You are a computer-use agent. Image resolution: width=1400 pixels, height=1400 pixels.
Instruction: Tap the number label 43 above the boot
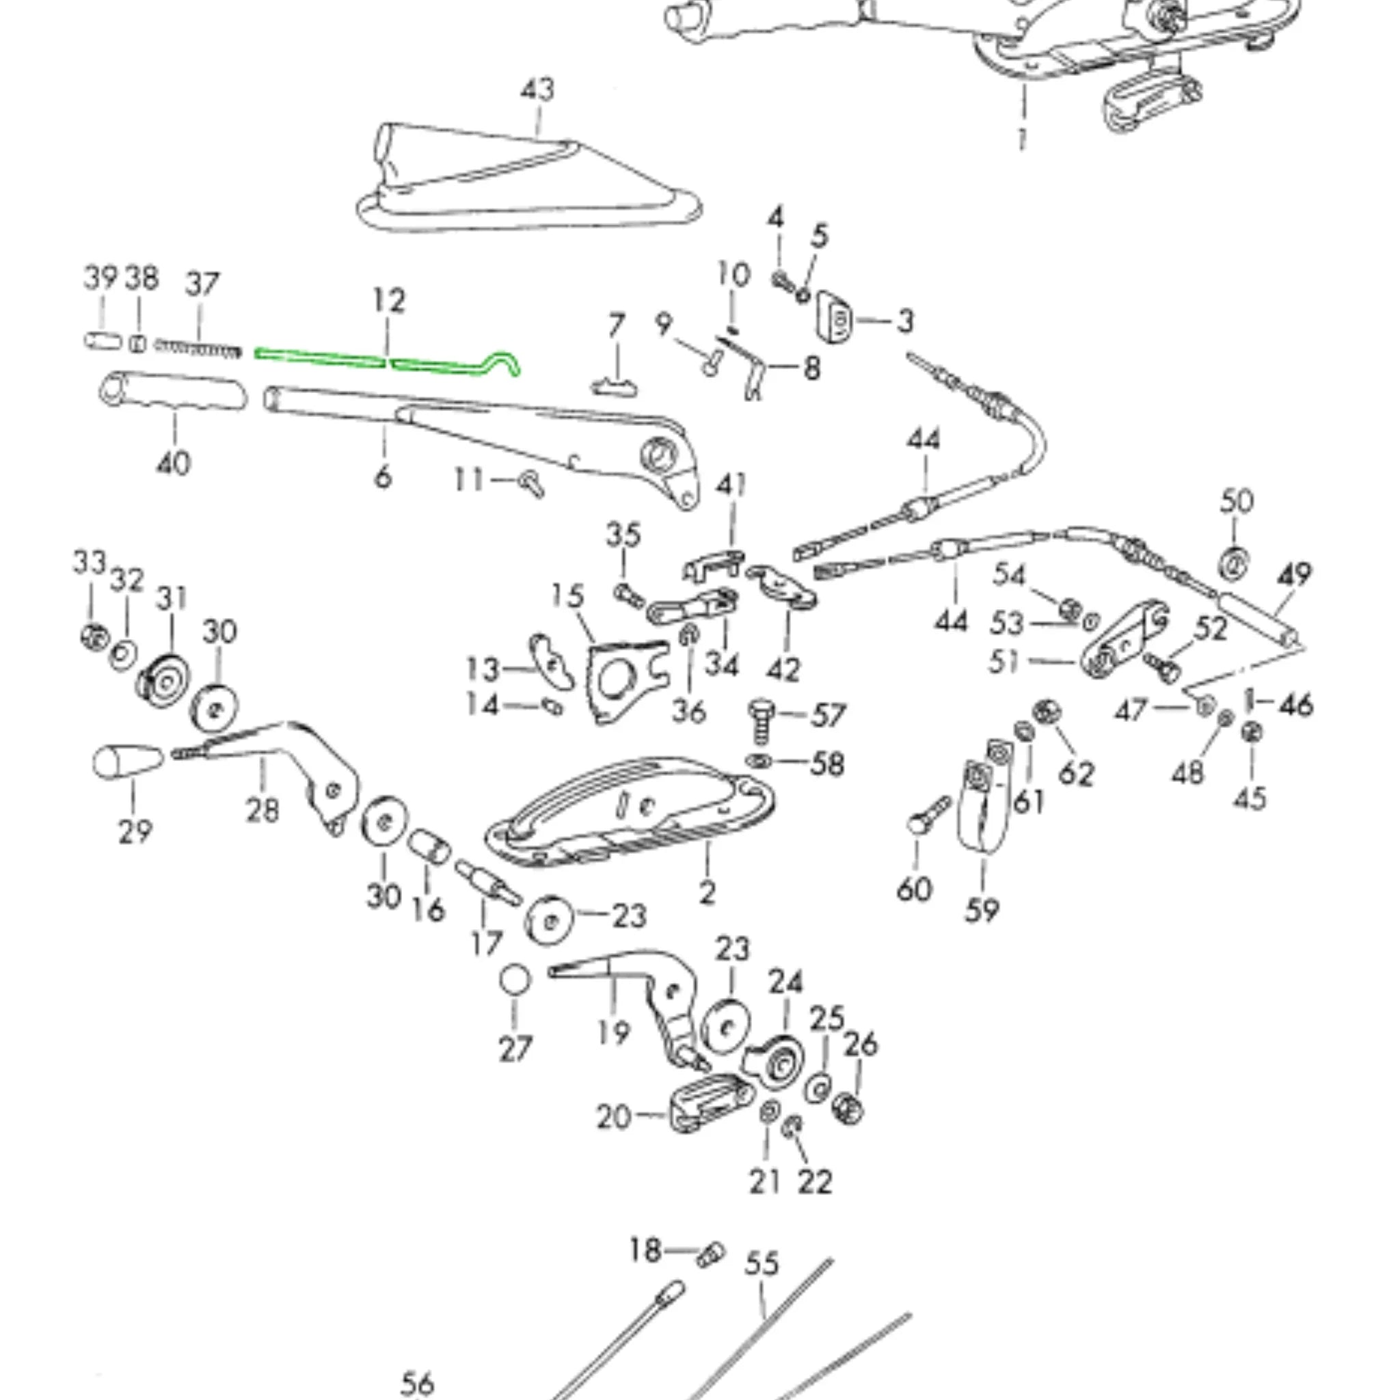537,90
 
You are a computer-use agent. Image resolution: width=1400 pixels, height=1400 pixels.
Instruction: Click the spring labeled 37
197,349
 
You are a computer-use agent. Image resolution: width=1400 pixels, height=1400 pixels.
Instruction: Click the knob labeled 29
128,762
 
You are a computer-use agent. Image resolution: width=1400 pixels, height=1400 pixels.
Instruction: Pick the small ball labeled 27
515,980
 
